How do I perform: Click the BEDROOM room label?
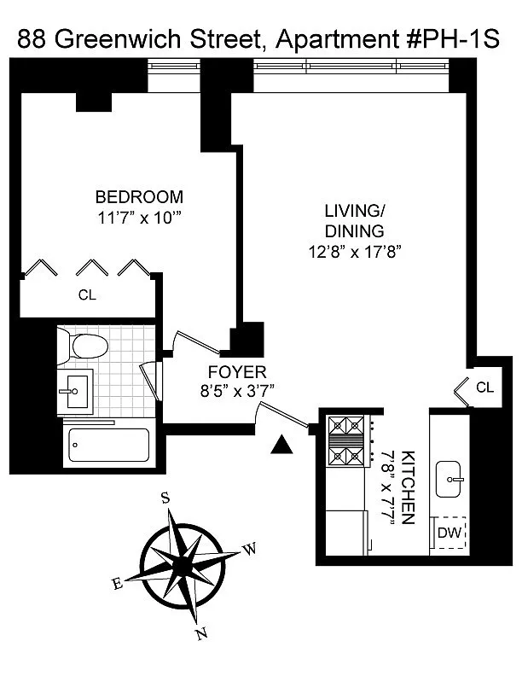[x=139, y=197]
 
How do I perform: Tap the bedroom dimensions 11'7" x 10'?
[x=139, y=219]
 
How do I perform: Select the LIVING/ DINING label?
[x=355, y=221]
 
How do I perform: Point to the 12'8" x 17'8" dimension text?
[x=355, y=251]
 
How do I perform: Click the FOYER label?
[x=237, y=372]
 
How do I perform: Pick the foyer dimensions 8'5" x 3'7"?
[x=238, y=392]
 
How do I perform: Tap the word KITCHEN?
[x=408, y=487]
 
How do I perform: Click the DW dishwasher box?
[x=449, y=533]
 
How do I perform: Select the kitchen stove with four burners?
[x=346, y=440]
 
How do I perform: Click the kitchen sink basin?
[x=449, y=479]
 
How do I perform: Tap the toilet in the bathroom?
[x=83, y=346]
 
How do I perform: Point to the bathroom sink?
[x=75, y=392]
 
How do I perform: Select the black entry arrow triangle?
[x=281, y=445]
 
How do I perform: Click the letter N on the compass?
[x=201, y=633]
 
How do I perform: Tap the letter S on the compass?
[x=165, y=498]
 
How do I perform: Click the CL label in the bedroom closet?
[x=87, y=295]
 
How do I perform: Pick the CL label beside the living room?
[x=485, y=388]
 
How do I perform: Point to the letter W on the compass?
[x=249, y=549]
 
